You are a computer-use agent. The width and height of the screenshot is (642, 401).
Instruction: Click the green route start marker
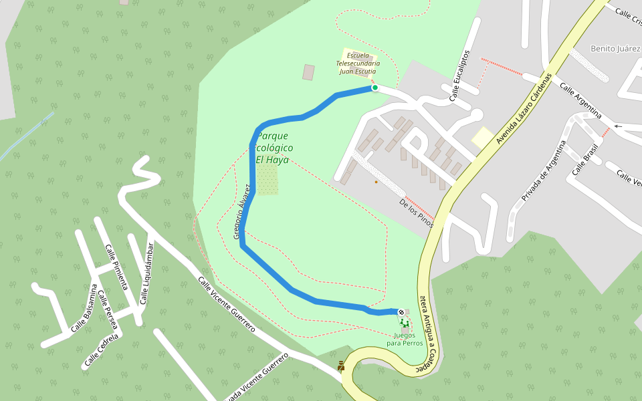(x=375, y=88)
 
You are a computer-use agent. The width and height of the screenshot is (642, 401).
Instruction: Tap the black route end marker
(x=401, y=312)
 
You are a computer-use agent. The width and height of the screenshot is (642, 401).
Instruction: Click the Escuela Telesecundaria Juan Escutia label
(x=356, y=63)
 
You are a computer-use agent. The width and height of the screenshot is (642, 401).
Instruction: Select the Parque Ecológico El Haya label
(x=273, y=148)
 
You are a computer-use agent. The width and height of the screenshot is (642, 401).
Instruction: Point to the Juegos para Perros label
(x=405, y=339)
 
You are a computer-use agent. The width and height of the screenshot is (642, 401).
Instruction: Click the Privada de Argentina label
(x=544, y=170)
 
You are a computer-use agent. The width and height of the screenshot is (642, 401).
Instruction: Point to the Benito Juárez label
(x=616, y=49)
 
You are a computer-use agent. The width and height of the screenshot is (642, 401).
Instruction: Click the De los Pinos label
(x=416, y=213)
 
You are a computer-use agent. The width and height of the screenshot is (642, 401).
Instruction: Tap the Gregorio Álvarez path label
(x=241, y=211)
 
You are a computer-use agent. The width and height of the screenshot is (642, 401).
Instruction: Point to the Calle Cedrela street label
(x=101, y=350)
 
